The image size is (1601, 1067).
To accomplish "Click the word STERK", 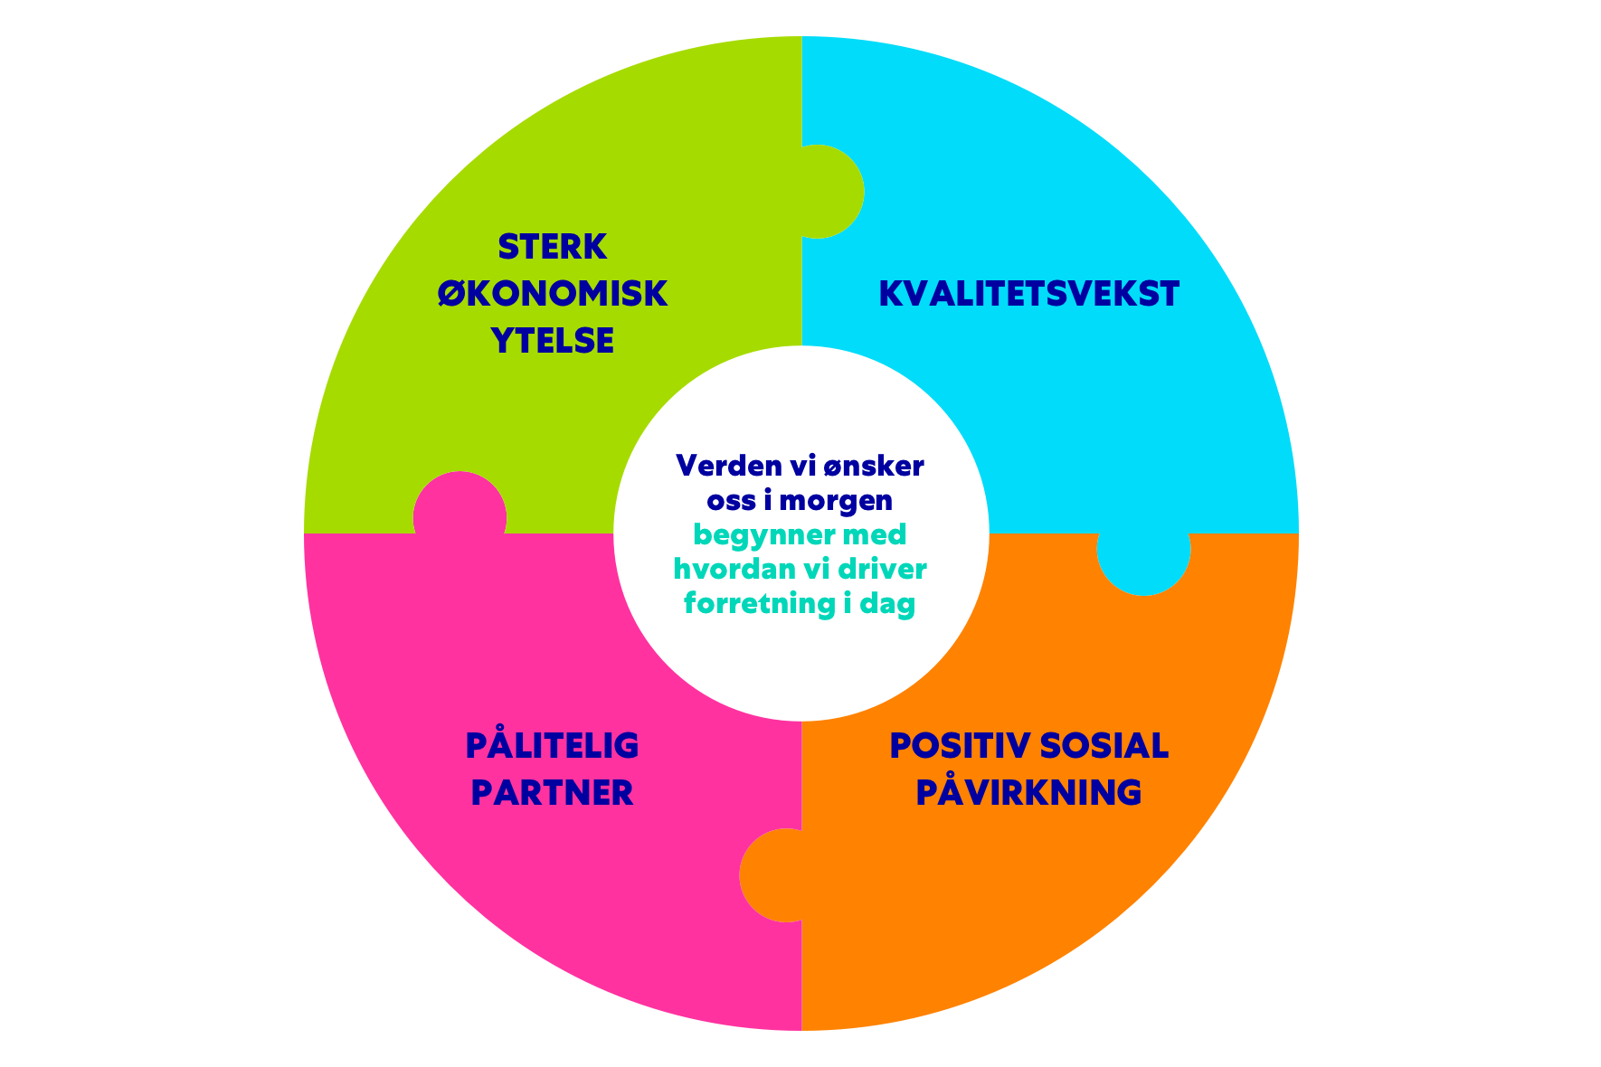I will [552, 247].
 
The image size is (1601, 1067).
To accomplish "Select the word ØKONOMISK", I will [552, 294].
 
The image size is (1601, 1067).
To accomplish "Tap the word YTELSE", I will [552, 341].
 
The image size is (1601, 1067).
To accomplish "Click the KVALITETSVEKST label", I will [1029, 294].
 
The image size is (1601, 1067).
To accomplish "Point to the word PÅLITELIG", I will [552, 746].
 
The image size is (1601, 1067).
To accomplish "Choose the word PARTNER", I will [552, 793].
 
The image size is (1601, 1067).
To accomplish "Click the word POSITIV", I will [960, 746].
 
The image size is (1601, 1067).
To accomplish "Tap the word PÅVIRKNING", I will [1028, 792].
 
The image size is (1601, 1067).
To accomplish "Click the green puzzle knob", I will [828, 192].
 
